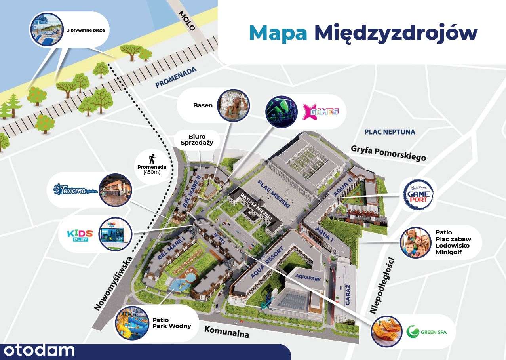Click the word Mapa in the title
278,33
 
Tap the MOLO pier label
187,21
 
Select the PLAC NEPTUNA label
390,132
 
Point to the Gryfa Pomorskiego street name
388,153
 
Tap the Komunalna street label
227,331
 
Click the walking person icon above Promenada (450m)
152,159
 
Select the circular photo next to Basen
234,105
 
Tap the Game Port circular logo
418,194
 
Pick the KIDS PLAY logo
80,235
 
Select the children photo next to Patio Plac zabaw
415,242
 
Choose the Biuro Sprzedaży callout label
197,140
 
